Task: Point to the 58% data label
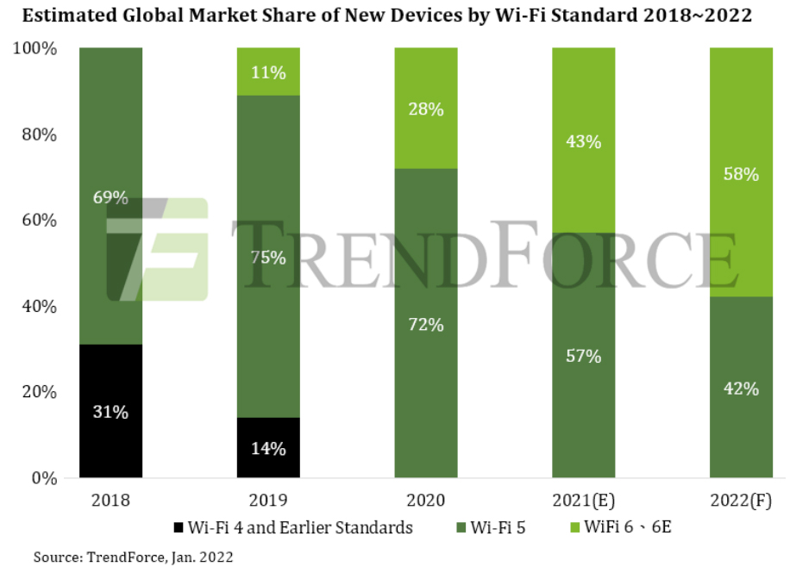(741, 174)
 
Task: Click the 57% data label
(584, 355)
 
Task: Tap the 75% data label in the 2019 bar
(268, 258)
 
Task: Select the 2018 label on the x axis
(110, 501)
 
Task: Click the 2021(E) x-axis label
(584, 501)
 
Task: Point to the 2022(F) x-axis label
(741, 501)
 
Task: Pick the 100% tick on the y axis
(35, 49)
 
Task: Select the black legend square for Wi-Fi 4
(179, 527)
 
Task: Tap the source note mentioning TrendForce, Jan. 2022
(133, 557)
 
